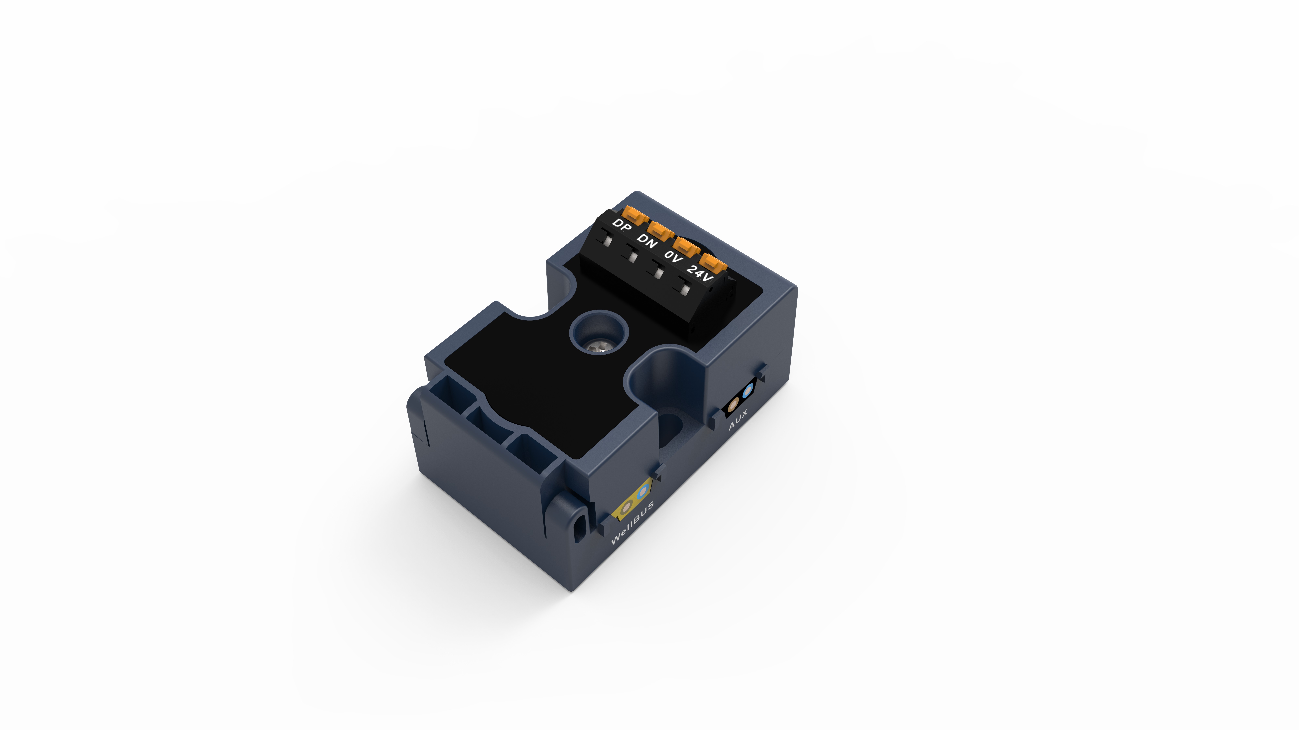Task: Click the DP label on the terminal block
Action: click(622, 225)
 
